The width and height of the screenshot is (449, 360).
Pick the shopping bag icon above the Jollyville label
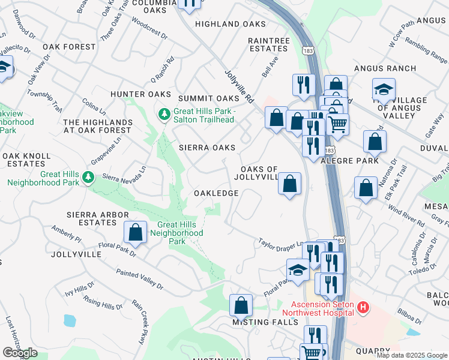(x=136, y=233)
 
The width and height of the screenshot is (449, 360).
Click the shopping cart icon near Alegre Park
(x=338, y=125)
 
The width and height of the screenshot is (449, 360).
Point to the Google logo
(x=20, y=353)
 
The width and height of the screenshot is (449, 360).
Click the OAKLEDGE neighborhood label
(x=216, y=193)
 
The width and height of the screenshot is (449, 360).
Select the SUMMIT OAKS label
(x=208, y=98)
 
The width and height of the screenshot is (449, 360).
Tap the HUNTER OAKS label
(x=136, y=94)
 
